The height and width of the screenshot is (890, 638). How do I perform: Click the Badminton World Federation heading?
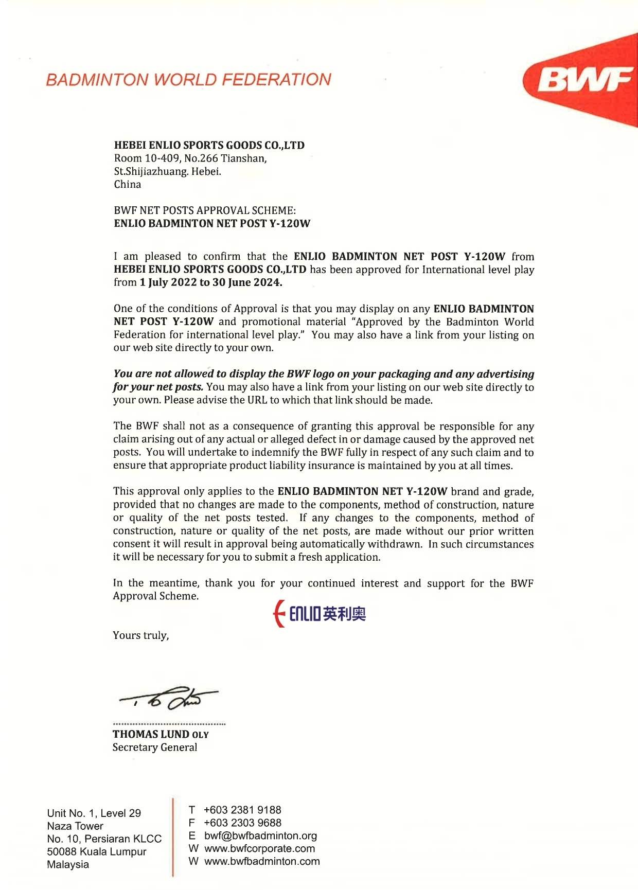pos(188,80)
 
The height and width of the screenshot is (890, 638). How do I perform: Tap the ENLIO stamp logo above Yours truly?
pos(320,614)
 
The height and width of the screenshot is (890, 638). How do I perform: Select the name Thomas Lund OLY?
pos(161,734)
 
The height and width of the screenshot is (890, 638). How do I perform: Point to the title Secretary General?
pos(155,747)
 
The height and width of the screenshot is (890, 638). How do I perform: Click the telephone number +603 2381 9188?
pos(242,810)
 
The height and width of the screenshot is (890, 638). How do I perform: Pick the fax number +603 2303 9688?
pos(242,823)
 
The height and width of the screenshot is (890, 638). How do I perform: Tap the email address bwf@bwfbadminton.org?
pos(260,835)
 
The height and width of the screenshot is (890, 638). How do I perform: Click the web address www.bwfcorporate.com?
pos(259,848)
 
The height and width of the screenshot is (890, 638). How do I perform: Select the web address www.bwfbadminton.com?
pos(262,861)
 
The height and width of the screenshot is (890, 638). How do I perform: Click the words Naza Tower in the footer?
pos(75,826)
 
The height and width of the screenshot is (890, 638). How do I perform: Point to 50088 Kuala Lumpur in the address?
pos(97,851)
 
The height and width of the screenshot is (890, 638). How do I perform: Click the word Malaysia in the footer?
pos(68,864)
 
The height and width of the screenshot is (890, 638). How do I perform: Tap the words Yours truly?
pos(141,635)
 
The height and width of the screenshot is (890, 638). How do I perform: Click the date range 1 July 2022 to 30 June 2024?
pos(211,282)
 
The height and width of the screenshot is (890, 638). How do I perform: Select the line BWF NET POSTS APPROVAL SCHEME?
pos(205,210)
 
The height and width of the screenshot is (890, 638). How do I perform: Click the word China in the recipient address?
pos(128,184)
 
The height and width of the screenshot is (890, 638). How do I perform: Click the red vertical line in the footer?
pos(173,836)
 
